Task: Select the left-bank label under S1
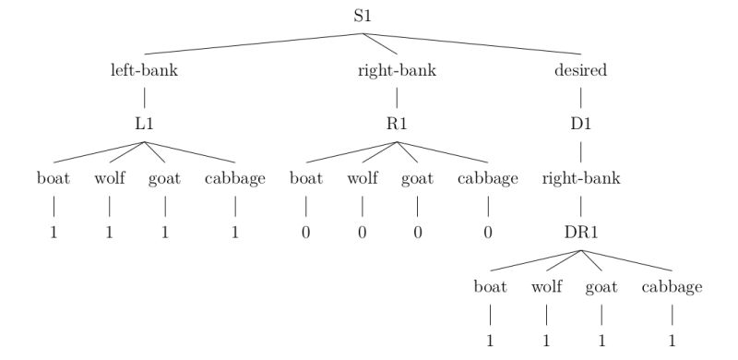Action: pyautogui.click(x=144, y=70)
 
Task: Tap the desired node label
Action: pyautogui.click(x=581, y=70)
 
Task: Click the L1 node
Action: pyautogui.click(x=144, y=124)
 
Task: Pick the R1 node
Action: pyautogui.click(x=397, y=124)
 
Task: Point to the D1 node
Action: pyautogui.click(x=581, y=124)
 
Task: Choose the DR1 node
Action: pyautogui.click(x=581, y=233)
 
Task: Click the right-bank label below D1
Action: pyautogui.click(x=581, y=178)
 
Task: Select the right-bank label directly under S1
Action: pyautogui.click(x=397, y=70)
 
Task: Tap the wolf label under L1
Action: pyautogui.click(x=110, y=178)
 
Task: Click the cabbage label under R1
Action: pyautogui.click(x=488, y=178)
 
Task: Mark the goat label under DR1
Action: pyautogui.click(x=601, y=287)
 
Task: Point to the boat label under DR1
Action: pyautogui.click(x=491, y=287)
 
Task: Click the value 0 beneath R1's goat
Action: pyautogui.click(x=417, y=232)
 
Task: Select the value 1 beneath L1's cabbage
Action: pyautogui.click(x=235, y=232)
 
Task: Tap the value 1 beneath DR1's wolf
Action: pyautogui.click(x=546, y=341)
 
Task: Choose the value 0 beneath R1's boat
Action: pyautogui.click(x=306, y=232)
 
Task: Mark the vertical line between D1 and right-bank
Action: pyautogui.click(x=581, y=150)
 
